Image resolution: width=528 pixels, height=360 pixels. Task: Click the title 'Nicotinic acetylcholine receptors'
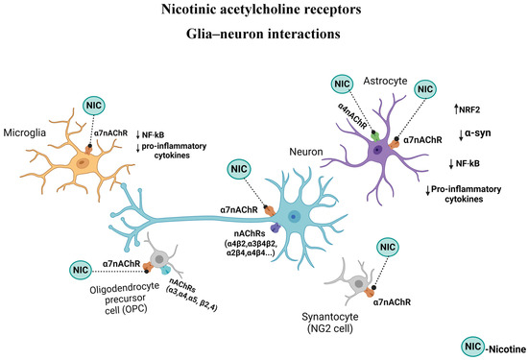point(264,12)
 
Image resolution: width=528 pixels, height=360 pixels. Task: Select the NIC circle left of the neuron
point(239,170)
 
